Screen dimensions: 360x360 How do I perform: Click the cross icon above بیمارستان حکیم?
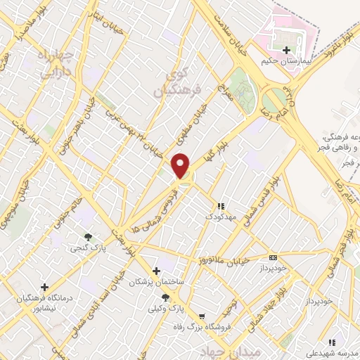pyautogui.click(x=286, y=50)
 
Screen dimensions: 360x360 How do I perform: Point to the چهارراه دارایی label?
pyautogui.click(x=54, y=62)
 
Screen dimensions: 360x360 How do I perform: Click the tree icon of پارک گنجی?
pyautogui.click(x=88, y=237)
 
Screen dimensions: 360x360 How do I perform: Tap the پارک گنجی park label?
pyautogui.click(x=84, y=248)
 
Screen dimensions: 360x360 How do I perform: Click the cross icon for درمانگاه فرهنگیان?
pyautogui.click(x=45, y=287)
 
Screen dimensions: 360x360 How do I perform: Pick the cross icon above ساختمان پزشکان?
pyautogui.click(x=156, y=271)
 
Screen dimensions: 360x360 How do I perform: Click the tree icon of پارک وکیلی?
pyautogui.click(x=165, y=297)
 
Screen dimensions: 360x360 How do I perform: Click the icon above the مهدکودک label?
pyautogui.click(x=220, y=206)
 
